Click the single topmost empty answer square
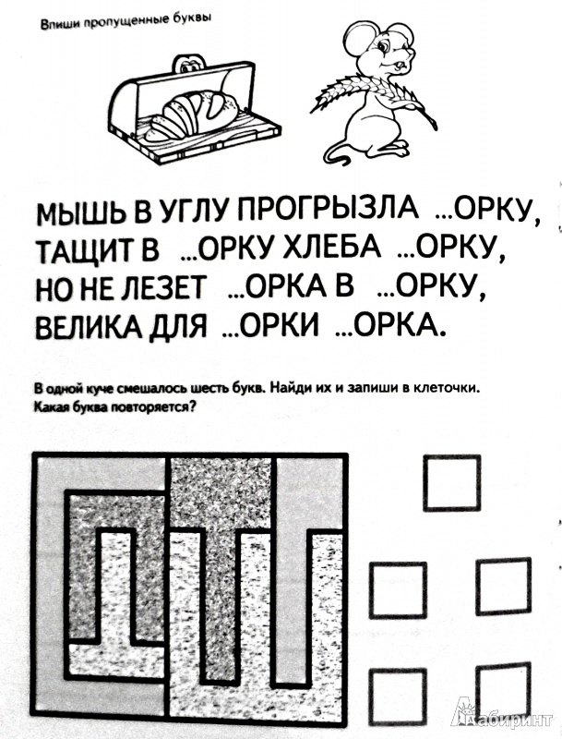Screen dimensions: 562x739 coord(451,482)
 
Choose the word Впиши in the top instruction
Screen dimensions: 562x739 coord(55,27)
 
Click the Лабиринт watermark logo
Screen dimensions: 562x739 coord(500,719)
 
